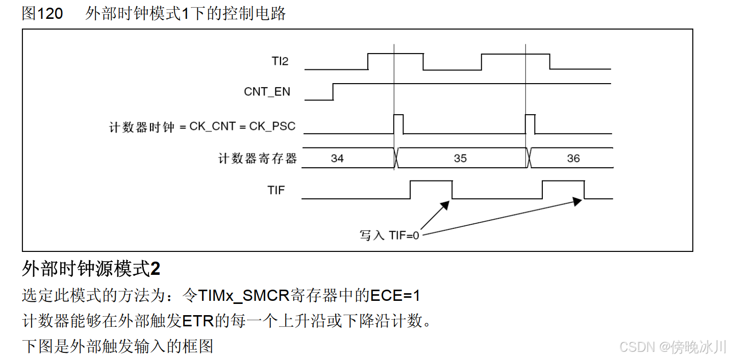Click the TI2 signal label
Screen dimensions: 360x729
[280, 62]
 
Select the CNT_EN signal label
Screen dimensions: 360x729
[267, 92]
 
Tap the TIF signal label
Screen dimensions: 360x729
[276, 190]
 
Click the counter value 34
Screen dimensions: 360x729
[337, 159]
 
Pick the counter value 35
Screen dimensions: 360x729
[460, 159]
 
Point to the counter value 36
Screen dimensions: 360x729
[573, 159]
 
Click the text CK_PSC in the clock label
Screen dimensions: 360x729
[272, 126]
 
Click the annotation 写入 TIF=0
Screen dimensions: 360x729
[390, 236]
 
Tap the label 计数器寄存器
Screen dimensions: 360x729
[258, 159]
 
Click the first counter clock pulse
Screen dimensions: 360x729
[398, 124]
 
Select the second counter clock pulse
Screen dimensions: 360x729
[530, 124]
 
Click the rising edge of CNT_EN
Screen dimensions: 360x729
[333, 92]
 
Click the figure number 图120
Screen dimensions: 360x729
[42, 14]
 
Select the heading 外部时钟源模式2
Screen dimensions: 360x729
[91, 268]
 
